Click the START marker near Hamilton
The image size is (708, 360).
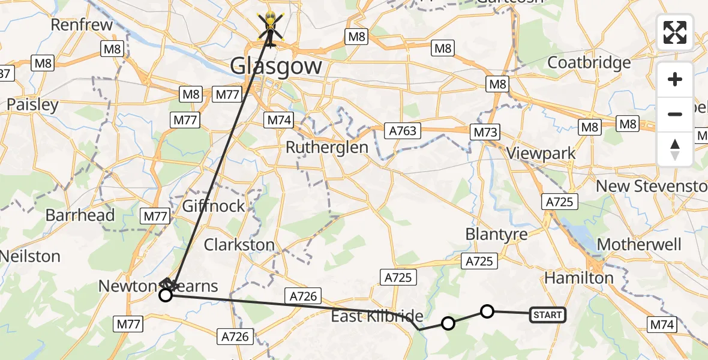click(547, 314)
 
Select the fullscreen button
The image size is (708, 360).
click(675, 32)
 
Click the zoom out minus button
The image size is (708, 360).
click(675, 114)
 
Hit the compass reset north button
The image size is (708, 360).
click(675, 149)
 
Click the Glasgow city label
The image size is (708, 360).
click(277, 65)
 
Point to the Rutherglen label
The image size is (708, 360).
click(327, 147)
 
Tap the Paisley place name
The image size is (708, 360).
click(32, 105)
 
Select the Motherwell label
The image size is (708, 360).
click(640, 245)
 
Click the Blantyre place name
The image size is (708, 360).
click(496, 234)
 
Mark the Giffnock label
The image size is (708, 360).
click(214, 206)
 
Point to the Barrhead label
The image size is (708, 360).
click(80, 215)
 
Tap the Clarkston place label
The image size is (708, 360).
click(239, 245)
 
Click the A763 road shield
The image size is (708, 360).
click(403, 130)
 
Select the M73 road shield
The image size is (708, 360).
click(486, 131)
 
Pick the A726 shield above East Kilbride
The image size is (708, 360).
click(304, 295)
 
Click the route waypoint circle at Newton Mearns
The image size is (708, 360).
click(166, 295)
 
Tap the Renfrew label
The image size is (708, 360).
click(82, 25)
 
